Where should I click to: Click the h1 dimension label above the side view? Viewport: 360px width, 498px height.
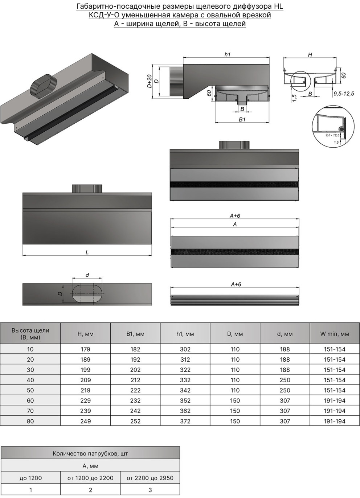pos(227,54)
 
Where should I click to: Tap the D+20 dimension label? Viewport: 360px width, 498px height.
pos(149,81)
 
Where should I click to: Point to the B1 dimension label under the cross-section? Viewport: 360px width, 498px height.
pos(242,119)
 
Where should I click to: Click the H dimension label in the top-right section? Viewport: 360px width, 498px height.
pos(310,55)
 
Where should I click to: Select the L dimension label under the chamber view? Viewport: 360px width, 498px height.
pos(87,252)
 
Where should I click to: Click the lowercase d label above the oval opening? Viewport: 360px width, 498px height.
pos(87,275)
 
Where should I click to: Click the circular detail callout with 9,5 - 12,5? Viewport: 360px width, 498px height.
pos(333,127)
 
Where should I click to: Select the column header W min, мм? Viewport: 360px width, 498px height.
pos(335,334)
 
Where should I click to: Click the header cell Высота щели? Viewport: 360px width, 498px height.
pos(30,334)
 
